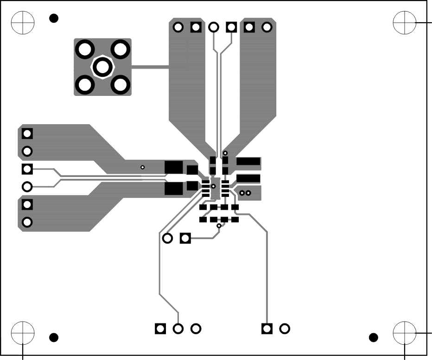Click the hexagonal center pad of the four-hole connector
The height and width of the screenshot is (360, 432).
coord(102,67)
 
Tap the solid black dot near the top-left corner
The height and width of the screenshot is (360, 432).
coord(54,19)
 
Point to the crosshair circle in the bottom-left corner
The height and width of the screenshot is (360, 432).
coord(23,333)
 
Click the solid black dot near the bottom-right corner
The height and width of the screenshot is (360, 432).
coord(373,337)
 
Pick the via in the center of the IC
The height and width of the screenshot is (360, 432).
coord(214,186)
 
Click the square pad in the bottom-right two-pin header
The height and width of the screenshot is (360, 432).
coord(267,328)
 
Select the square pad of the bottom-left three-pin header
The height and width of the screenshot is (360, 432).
coord(160,328)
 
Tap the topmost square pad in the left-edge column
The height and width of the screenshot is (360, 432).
coord(27,134)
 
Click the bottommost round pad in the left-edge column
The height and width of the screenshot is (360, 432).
coord(27,222)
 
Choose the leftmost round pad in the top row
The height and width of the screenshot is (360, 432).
coord(178,27)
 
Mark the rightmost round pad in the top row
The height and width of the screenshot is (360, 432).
coord(267,27)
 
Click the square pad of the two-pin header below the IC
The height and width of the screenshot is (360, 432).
coord(185,238)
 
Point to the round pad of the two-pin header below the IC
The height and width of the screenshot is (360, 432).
coord(168,238)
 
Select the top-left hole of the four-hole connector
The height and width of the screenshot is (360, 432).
coord(85,49)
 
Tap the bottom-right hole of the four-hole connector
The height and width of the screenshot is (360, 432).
coord(121,85)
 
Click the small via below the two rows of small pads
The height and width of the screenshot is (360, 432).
coord(219,226)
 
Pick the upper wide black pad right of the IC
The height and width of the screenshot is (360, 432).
coord(248,162)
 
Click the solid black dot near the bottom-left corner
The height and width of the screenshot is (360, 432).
coord(54,337)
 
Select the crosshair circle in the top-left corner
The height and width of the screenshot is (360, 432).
coord(23,22)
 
